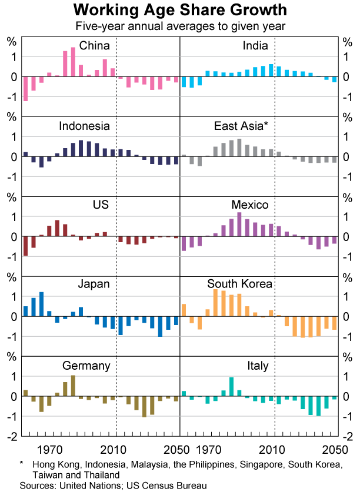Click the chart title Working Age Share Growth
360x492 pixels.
180,10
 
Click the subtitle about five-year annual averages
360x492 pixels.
180,26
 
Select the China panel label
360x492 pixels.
94,46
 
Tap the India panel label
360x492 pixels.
255,46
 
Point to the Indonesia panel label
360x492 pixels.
84,126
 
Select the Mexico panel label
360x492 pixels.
250,205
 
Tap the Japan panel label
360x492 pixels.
94,285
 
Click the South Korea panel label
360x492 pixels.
239,285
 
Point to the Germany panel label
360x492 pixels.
86,366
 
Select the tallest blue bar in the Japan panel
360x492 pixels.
41,304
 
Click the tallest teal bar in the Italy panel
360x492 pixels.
232,386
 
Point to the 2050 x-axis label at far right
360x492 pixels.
329,451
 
